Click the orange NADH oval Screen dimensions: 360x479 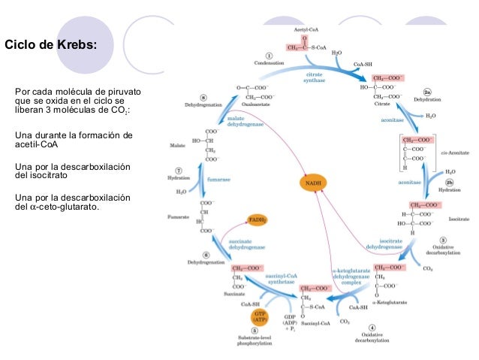pos(314,183)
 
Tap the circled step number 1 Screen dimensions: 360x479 pos(268,55)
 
